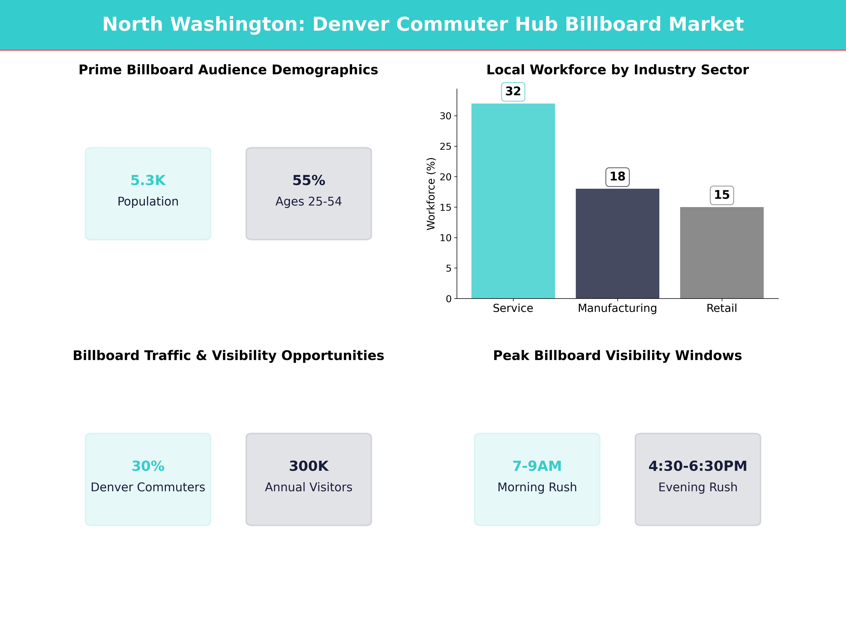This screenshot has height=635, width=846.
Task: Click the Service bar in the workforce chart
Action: pos(513,201)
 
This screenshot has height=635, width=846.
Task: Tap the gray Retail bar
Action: pos(722,253)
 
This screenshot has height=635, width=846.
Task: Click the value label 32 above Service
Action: pos(513,92)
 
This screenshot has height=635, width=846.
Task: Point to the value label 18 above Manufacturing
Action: pos(617,177)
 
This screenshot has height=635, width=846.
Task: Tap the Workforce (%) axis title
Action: pos(431,194)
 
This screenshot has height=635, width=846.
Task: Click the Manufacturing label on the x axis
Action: pos(617,308)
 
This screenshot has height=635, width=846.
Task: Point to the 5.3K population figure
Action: pos(148,180)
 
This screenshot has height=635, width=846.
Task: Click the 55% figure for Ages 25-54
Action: pos(309,180)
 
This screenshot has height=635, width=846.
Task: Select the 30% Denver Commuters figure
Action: pos(148,466)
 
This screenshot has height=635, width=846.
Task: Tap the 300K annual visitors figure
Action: pos(309,466)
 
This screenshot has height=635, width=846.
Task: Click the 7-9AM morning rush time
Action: pos(537,466)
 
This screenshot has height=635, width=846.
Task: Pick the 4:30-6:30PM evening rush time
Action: pos(698,466)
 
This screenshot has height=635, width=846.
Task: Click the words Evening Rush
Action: pos(698,487)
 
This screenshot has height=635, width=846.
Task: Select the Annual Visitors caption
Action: pos(309,487)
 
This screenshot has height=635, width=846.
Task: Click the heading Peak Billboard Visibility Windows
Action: pos(617,356)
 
